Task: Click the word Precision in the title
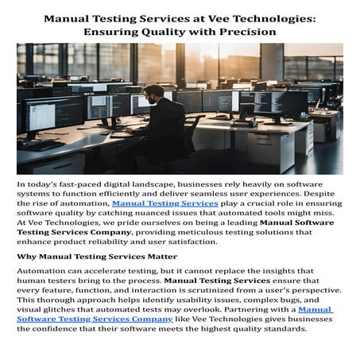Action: click(x=245, y=31)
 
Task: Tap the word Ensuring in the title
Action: click(x=102, y=31)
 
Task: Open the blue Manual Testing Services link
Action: click(x=165, y=203)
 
